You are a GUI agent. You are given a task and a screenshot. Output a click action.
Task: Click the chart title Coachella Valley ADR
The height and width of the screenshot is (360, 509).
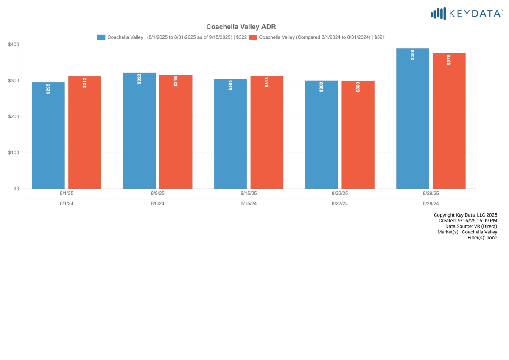point(241,27)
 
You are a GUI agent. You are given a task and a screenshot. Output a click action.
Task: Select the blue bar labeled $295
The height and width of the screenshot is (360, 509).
point(48,135)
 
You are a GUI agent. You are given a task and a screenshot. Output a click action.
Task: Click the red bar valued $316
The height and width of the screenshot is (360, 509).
point(176,132)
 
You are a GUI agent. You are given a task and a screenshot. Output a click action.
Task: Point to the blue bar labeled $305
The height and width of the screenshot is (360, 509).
point(230,134)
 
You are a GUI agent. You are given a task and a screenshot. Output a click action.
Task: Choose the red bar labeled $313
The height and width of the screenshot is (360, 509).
point(267,132)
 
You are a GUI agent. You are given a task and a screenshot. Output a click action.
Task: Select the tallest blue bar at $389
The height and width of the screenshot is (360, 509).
point(412,118)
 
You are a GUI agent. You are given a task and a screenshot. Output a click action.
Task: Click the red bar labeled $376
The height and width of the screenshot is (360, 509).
point(449,121)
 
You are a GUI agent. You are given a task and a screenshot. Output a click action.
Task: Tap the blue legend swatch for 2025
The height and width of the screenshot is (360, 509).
point(101,37)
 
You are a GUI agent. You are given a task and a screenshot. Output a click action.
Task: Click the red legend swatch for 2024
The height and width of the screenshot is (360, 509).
point(252,37)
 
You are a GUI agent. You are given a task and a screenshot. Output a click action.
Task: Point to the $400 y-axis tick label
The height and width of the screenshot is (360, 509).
point(14,45)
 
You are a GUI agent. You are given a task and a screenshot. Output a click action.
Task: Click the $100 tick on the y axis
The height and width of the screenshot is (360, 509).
point(14,153)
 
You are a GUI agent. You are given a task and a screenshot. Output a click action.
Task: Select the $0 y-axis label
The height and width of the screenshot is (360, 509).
point(16,188)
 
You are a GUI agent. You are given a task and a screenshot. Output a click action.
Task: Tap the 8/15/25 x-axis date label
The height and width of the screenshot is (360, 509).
point(249,193)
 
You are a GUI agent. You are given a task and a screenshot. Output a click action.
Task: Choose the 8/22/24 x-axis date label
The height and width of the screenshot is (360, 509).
point(340,203)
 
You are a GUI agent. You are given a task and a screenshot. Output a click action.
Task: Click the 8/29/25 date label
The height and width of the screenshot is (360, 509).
point(431,193)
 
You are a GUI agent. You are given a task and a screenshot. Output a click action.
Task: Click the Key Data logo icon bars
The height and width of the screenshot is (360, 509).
point(438,14)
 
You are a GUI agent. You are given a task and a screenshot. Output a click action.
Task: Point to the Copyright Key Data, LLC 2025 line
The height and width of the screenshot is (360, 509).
point(465,215)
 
